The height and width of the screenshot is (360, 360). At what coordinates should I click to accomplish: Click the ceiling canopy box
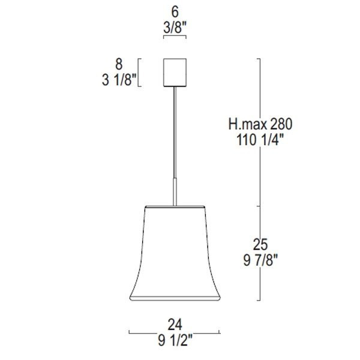(x=175, y=71)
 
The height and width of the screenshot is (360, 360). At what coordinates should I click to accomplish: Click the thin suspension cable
(x=175, y=132)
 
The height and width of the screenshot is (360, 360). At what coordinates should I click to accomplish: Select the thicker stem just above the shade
(x=175, y=192)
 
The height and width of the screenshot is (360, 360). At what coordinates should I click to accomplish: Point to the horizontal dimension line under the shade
(x=150, y=332)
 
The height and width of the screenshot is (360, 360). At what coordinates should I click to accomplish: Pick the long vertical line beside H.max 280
(x=259, y=90)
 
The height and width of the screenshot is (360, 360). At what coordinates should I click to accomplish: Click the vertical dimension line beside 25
(x=259, y=282)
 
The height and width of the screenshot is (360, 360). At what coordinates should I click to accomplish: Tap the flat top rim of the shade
(x=175, y=208)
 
